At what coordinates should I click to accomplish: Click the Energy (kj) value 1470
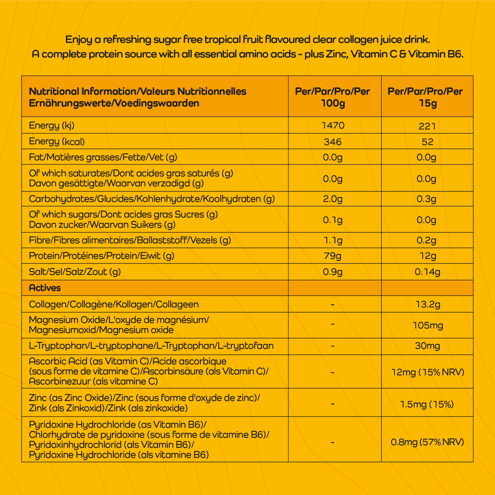[x=333, y=125]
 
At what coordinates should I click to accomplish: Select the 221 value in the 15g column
[x=427, y=126]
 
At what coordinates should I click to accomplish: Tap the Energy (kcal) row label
[x=57, y=141]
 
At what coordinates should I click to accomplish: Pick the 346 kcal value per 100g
[x=333, y=142]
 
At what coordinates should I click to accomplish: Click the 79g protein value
[x=333, y=256]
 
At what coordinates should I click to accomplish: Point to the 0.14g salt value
[x=427, y=272]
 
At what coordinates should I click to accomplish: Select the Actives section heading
[x=45, y=288]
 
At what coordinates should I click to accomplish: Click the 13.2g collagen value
[x=427, y=304]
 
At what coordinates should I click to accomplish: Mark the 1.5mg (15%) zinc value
[x=427, y=404]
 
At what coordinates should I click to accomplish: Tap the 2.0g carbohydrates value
[x=333, y=199]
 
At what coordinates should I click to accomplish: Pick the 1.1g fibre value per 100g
[x=333, y=240]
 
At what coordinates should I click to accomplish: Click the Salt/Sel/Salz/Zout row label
[x=74, y=272]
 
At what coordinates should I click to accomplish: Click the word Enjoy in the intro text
[x=78, y=40]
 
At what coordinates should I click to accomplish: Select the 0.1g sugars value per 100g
[x=333, y=220]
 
